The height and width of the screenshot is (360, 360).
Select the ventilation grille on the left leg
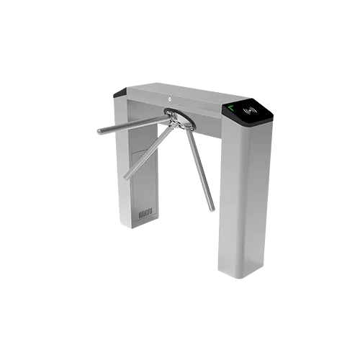(x=145, y=214)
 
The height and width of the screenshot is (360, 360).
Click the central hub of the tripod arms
(x=169, y=114)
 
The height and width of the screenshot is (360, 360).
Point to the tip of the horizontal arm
(x=99, y=132)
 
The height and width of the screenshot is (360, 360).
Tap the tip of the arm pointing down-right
(x=212, y=210)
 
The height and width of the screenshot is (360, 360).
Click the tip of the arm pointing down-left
(x=126, y=177)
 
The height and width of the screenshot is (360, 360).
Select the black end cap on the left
(x=120, y=92)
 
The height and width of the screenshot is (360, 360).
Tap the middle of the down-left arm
(x=148, y=151)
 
